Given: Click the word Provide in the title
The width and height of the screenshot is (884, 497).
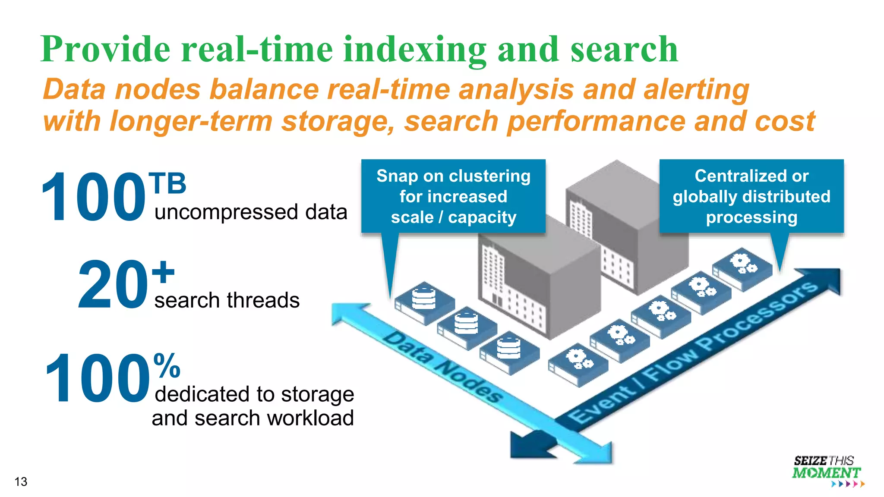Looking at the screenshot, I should pyautogui.click(x=105, y=50).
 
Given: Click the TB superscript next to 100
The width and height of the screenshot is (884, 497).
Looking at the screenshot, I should pyautogui.click(x=167, y=183).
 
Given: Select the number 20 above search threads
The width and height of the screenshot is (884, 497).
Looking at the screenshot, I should pyautogui.click(x=113, y=285).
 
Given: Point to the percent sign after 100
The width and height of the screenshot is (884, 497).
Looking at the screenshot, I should pyautogui.click(x=167, y=365).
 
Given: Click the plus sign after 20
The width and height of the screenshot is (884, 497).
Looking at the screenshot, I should pyautogui.click(x=163, y=272).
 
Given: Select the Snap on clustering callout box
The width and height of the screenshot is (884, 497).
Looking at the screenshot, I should pyautogui.click(x=453, y=196).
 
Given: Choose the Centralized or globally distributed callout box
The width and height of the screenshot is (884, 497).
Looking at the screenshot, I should pyautogui.click(x=751, y=196).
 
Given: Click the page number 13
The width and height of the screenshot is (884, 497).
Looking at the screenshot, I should pyautogui.click(x=21, y=481).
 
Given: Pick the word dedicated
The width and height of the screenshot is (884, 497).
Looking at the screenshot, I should pyautogui.click(x=203, y=394).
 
